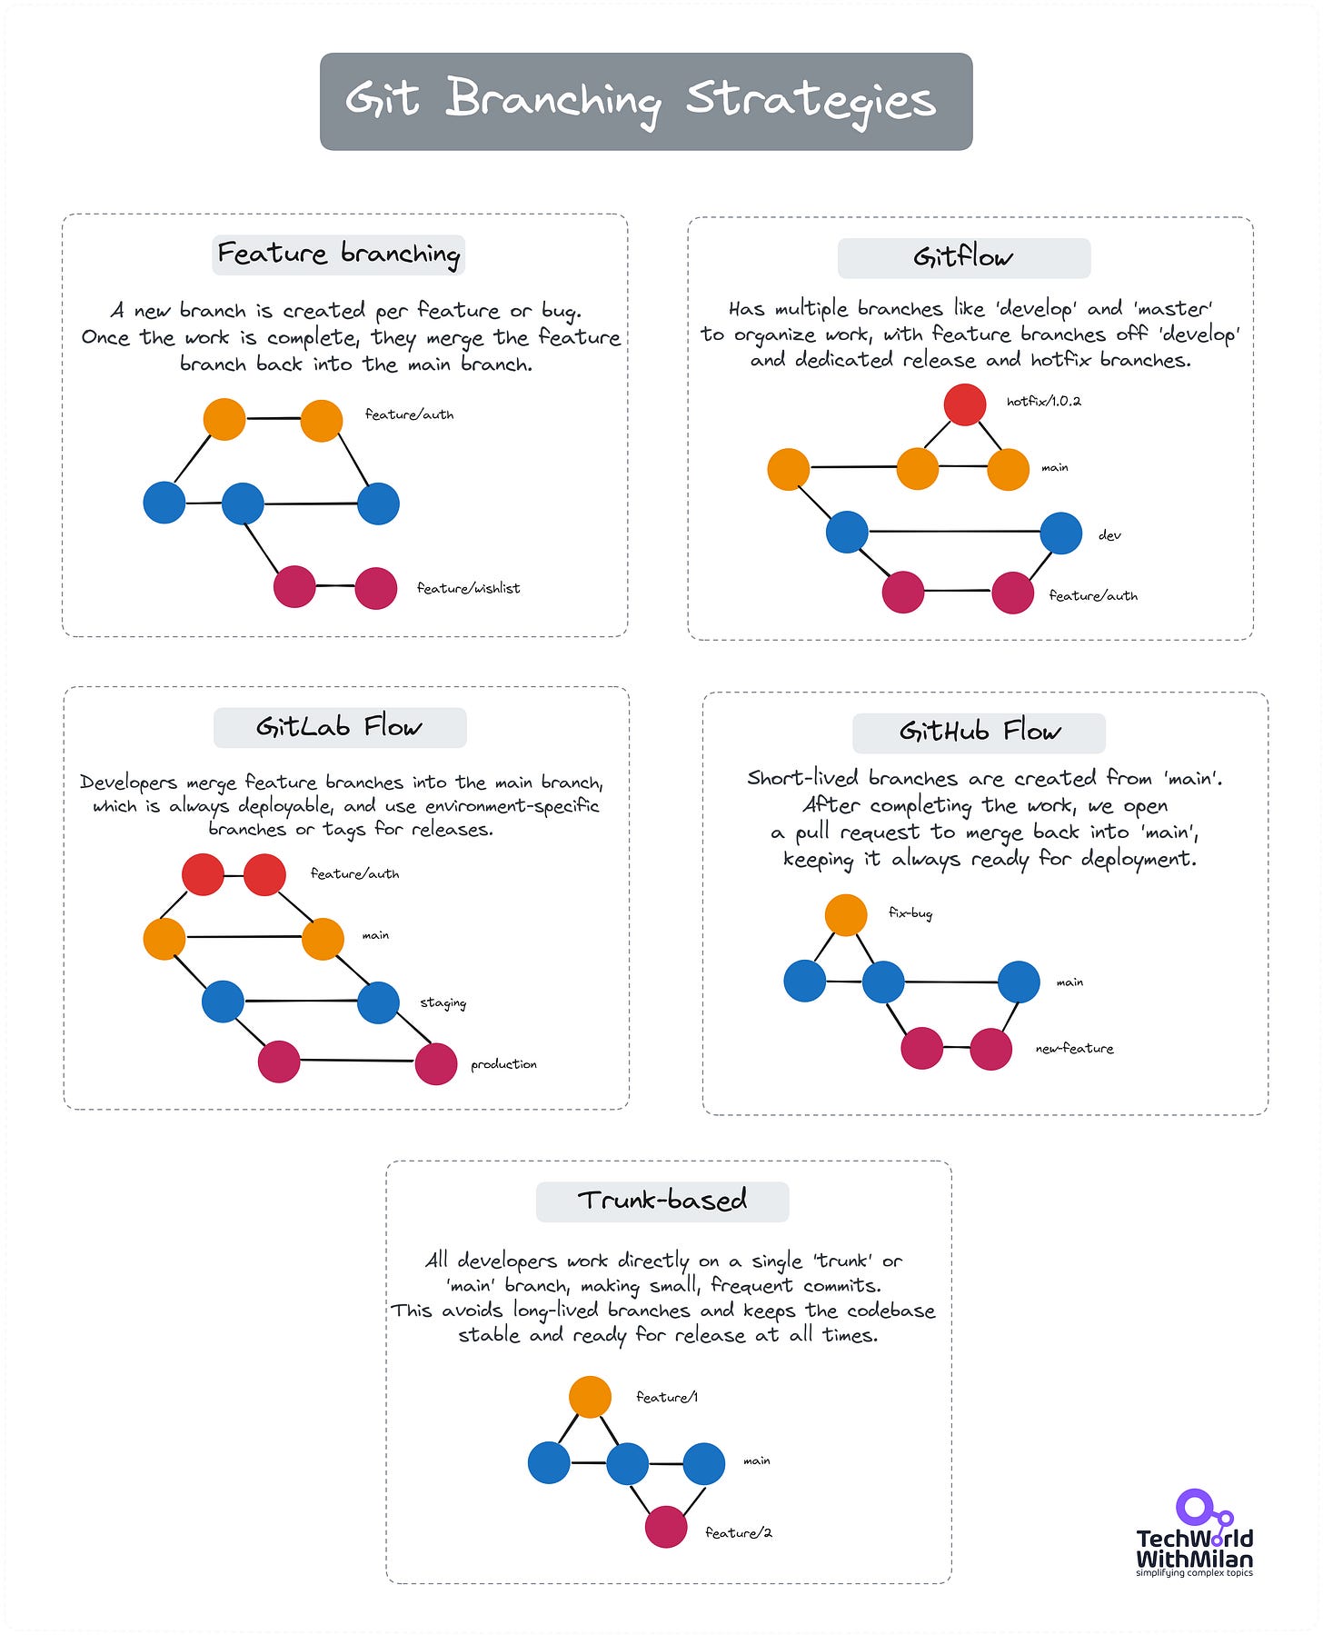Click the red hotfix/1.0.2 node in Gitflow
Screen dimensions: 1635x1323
coord(965,404)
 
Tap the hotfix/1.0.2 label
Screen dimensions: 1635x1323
coord(1043,401)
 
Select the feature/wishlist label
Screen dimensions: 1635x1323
coord(468,588)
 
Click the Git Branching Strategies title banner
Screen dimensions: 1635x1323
coord(646,101)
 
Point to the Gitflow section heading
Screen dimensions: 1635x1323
coord(963,258)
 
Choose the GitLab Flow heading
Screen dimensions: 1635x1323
coord(339,727)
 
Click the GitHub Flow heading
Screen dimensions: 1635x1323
coord(979,732)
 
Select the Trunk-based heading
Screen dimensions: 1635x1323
coord(661,1201)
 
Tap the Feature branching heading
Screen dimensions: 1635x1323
coord(338,254)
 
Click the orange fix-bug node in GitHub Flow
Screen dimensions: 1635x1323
coord(846,914)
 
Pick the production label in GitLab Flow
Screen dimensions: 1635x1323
coord(503,1064)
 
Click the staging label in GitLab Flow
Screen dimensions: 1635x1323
coord(443,1002)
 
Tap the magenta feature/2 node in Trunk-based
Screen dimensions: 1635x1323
coord(666,1527)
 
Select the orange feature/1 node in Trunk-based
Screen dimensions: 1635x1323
coord(590,1397)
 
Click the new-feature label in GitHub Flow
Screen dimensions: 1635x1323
coord(1074,1049)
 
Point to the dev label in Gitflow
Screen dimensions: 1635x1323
coord(1109,535)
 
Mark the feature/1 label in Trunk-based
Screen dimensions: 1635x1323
coord(666,1397)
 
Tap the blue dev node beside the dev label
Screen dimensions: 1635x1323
coord(1060,533)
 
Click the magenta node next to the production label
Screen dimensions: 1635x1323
coord(436,1063)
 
